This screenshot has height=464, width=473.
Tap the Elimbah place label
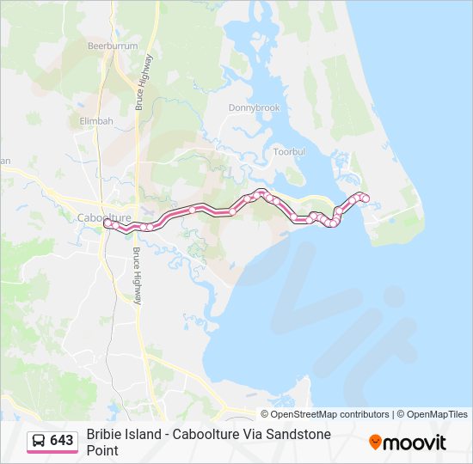95,121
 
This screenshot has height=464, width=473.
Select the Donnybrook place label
255,108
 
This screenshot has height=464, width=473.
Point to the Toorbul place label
289,151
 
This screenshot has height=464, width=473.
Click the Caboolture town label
104,217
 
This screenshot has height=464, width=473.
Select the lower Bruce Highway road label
138,277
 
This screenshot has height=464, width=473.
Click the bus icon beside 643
40,441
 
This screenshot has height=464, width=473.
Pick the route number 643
62,441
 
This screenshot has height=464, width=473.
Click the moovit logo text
415,443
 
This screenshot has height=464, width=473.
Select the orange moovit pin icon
375,442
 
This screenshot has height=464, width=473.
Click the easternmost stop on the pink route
365,198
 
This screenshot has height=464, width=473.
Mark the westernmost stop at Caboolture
107,223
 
